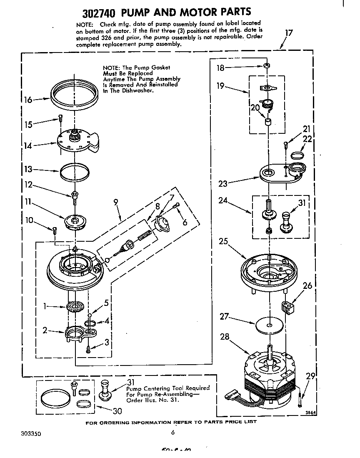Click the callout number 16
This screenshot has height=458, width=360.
27,100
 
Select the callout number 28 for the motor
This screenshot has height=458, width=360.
225,337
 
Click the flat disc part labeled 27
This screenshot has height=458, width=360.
270,325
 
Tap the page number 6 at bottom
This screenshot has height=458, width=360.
172,432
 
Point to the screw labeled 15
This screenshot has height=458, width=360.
60,118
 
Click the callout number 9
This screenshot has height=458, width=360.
115,203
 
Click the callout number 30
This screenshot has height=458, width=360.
117,411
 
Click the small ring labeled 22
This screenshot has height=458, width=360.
297,156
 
